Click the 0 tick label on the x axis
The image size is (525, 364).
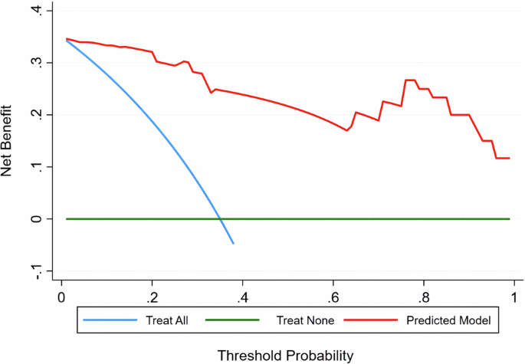pyautogui.click(x=61, y=296)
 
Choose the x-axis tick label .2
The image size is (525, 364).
pyautogui.click(x=152, y=296)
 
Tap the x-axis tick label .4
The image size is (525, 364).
pyautogui.click(x=242, y=296)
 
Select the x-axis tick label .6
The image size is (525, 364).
pyautogui.click(x=333, y=296)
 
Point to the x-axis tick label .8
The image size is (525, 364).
pyautogui.click(x=423, y=296)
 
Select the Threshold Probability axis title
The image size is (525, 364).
pyautogui.click(x=285, y=355)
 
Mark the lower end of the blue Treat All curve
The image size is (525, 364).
pyautogui.click(x=233, y=244)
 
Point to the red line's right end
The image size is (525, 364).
pyautogui.click(x=509, y=158)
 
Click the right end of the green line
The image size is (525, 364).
pyautogui.click(x=510, y=218)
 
